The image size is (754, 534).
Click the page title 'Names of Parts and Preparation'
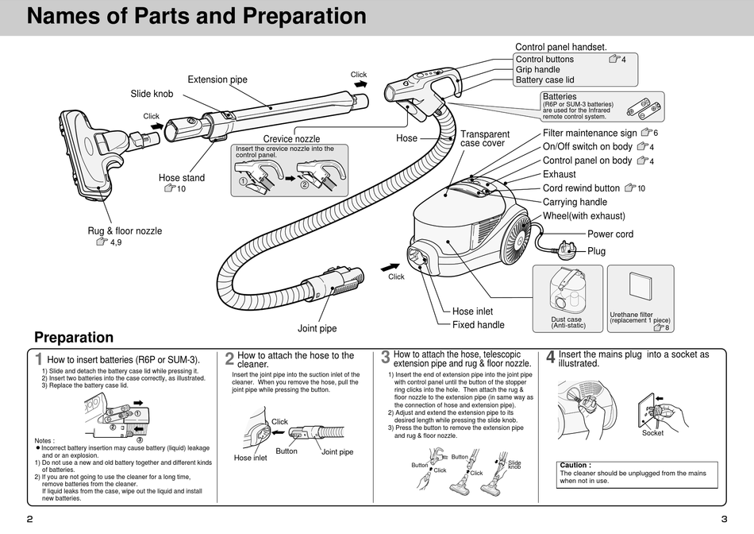196,17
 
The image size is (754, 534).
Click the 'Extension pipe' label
217,79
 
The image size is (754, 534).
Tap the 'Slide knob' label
152,94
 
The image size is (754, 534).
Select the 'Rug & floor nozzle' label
125,231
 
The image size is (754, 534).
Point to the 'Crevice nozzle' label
291,139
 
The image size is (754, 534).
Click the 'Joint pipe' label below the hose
317,328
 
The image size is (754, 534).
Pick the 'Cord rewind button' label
581,188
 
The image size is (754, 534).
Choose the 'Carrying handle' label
575,202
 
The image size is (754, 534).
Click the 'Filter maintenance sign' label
590,133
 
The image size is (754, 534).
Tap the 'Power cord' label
610,234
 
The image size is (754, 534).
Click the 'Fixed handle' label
478,324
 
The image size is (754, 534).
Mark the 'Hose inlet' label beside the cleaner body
472,311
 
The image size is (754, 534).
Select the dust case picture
567,291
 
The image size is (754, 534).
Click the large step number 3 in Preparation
385,358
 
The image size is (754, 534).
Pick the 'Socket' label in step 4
652,433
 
